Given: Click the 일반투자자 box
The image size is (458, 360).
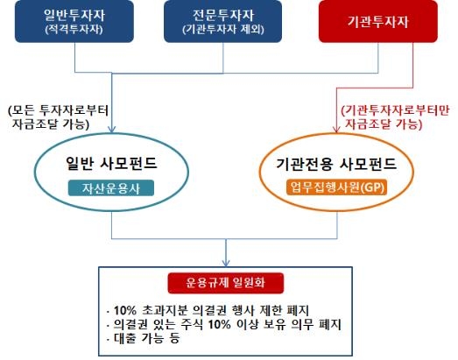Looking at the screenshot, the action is tap(74, 21).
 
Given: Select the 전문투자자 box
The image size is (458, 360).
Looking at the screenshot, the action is tap(222, 21).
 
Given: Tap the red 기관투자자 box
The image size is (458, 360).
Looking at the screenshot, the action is tap(378, 21).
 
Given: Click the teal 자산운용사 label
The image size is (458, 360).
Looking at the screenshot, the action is tap(111, 188).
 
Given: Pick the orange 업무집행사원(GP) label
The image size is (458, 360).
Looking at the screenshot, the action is tap(337, 187).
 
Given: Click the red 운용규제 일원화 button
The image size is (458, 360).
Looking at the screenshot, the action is tap(225, 283).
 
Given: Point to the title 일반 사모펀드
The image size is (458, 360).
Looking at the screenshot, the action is tap(111, 163).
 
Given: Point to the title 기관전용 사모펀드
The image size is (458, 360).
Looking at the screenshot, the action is tap(336, 164).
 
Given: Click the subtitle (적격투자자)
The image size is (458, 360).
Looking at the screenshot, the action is tap(74, 30).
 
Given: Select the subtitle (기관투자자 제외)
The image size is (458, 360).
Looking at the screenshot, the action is tap(223, 30).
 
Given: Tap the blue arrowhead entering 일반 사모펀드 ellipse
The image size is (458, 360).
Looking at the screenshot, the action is tap(111, 129).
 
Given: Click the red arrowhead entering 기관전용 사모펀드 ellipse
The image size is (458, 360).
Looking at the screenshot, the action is tap(336, 129).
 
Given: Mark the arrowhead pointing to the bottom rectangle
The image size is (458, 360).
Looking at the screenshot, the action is tap(225, 263).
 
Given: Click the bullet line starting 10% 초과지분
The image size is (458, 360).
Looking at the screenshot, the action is tap(208, 310).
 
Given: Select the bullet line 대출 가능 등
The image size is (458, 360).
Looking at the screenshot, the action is tap(143, 338).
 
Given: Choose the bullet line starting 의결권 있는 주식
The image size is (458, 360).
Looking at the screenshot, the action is tap(223, 324).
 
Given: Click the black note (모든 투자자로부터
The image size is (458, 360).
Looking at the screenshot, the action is tap(59, 117).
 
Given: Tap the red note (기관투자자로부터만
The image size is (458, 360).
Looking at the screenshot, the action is tap(395, 117).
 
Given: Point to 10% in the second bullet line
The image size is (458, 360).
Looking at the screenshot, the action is tap(219, 324).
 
